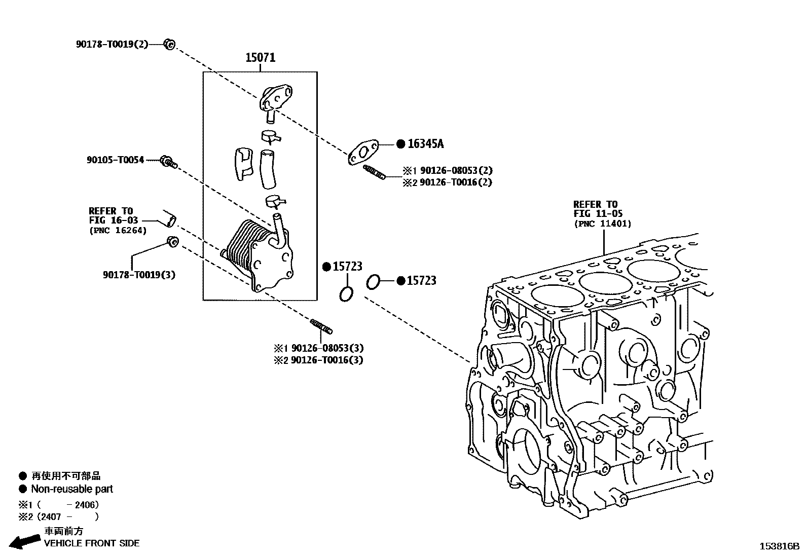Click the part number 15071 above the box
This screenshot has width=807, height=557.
tap(261, 57)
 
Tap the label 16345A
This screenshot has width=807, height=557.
tap(425, 144)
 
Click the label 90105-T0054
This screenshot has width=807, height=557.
tap(115, 160)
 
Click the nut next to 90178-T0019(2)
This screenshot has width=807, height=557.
tap(169, 45)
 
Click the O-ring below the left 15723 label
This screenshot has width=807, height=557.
tap(346, 294)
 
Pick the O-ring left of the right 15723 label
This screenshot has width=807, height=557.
tap(373, 281)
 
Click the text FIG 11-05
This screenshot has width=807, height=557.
tap(598, 214)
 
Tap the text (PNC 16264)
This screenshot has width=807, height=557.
tap(118, 231)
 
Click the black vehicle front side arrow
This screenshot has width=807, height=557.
tap(25, 542)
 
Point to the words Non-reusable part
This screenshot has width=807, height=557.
tap(71, 489)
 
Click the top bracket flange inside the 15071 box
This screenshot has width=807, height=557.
tap(276, 98)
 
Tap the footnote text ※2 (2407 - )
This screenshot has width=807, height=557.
tap(58, 517)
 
